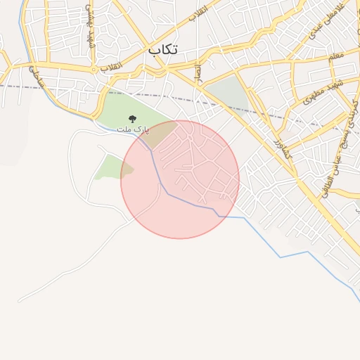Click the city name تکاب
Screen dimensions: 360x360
click(163, 50)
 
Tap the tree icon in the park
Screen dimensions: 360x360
click(132, 120)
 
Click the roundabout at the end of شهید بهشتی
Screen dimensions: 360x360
click(94, 70)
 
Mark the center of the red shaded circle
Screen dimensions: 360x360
click(180, 179)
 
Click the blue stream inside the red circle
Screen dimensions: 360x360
click(184, 200)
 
